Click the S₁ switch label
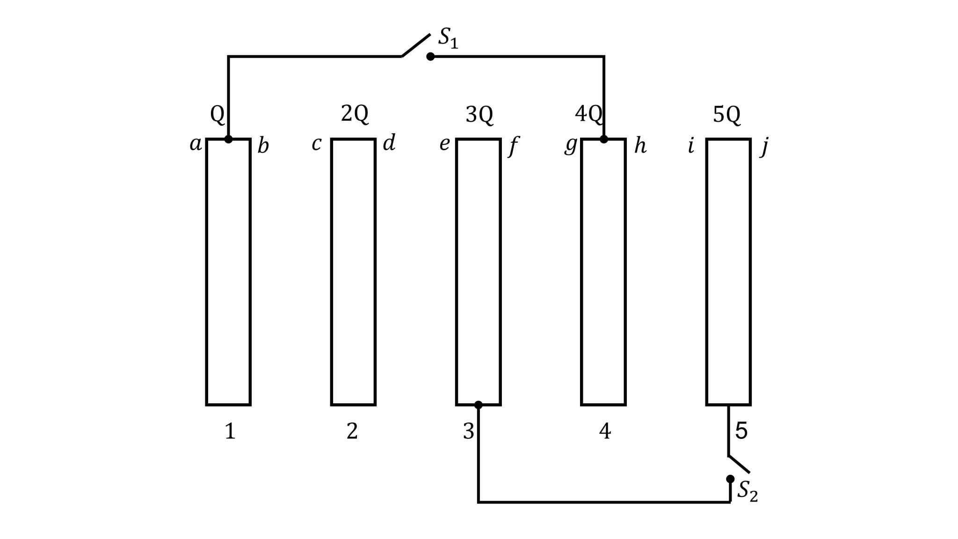(x=448, y=38)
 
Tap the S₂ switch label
(x=747, y=491)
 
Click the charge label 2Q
(x=355, y=114)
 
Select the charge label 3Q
(x=479, y=115)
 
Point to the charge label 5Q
(x=726, y=115)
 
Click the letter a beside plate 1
(x=196, y=144)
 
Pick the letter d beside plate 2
(x=389, y=143)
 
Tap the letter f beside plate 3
(x=513, y=146)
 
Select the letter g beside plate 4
(x=571, y=145)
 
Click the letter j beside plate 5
(x=764, y=146)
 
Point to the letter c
(x=317, y=144)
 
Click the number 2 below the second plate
(x=352, y=431)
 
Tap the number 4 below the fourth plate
(x=605, y=431)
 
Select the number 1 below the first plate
(x=230, y=431)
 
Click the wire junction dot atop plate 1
(x=228, y=139)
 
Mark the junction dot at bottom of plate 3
(x=478, y=405)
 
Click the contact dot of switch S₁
(x=430, y=57)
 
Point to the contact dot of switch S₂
(x=730, y=479)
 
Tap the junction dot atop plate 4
(x=604, y=139)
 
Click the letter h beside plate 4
(x=640, y=146)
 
